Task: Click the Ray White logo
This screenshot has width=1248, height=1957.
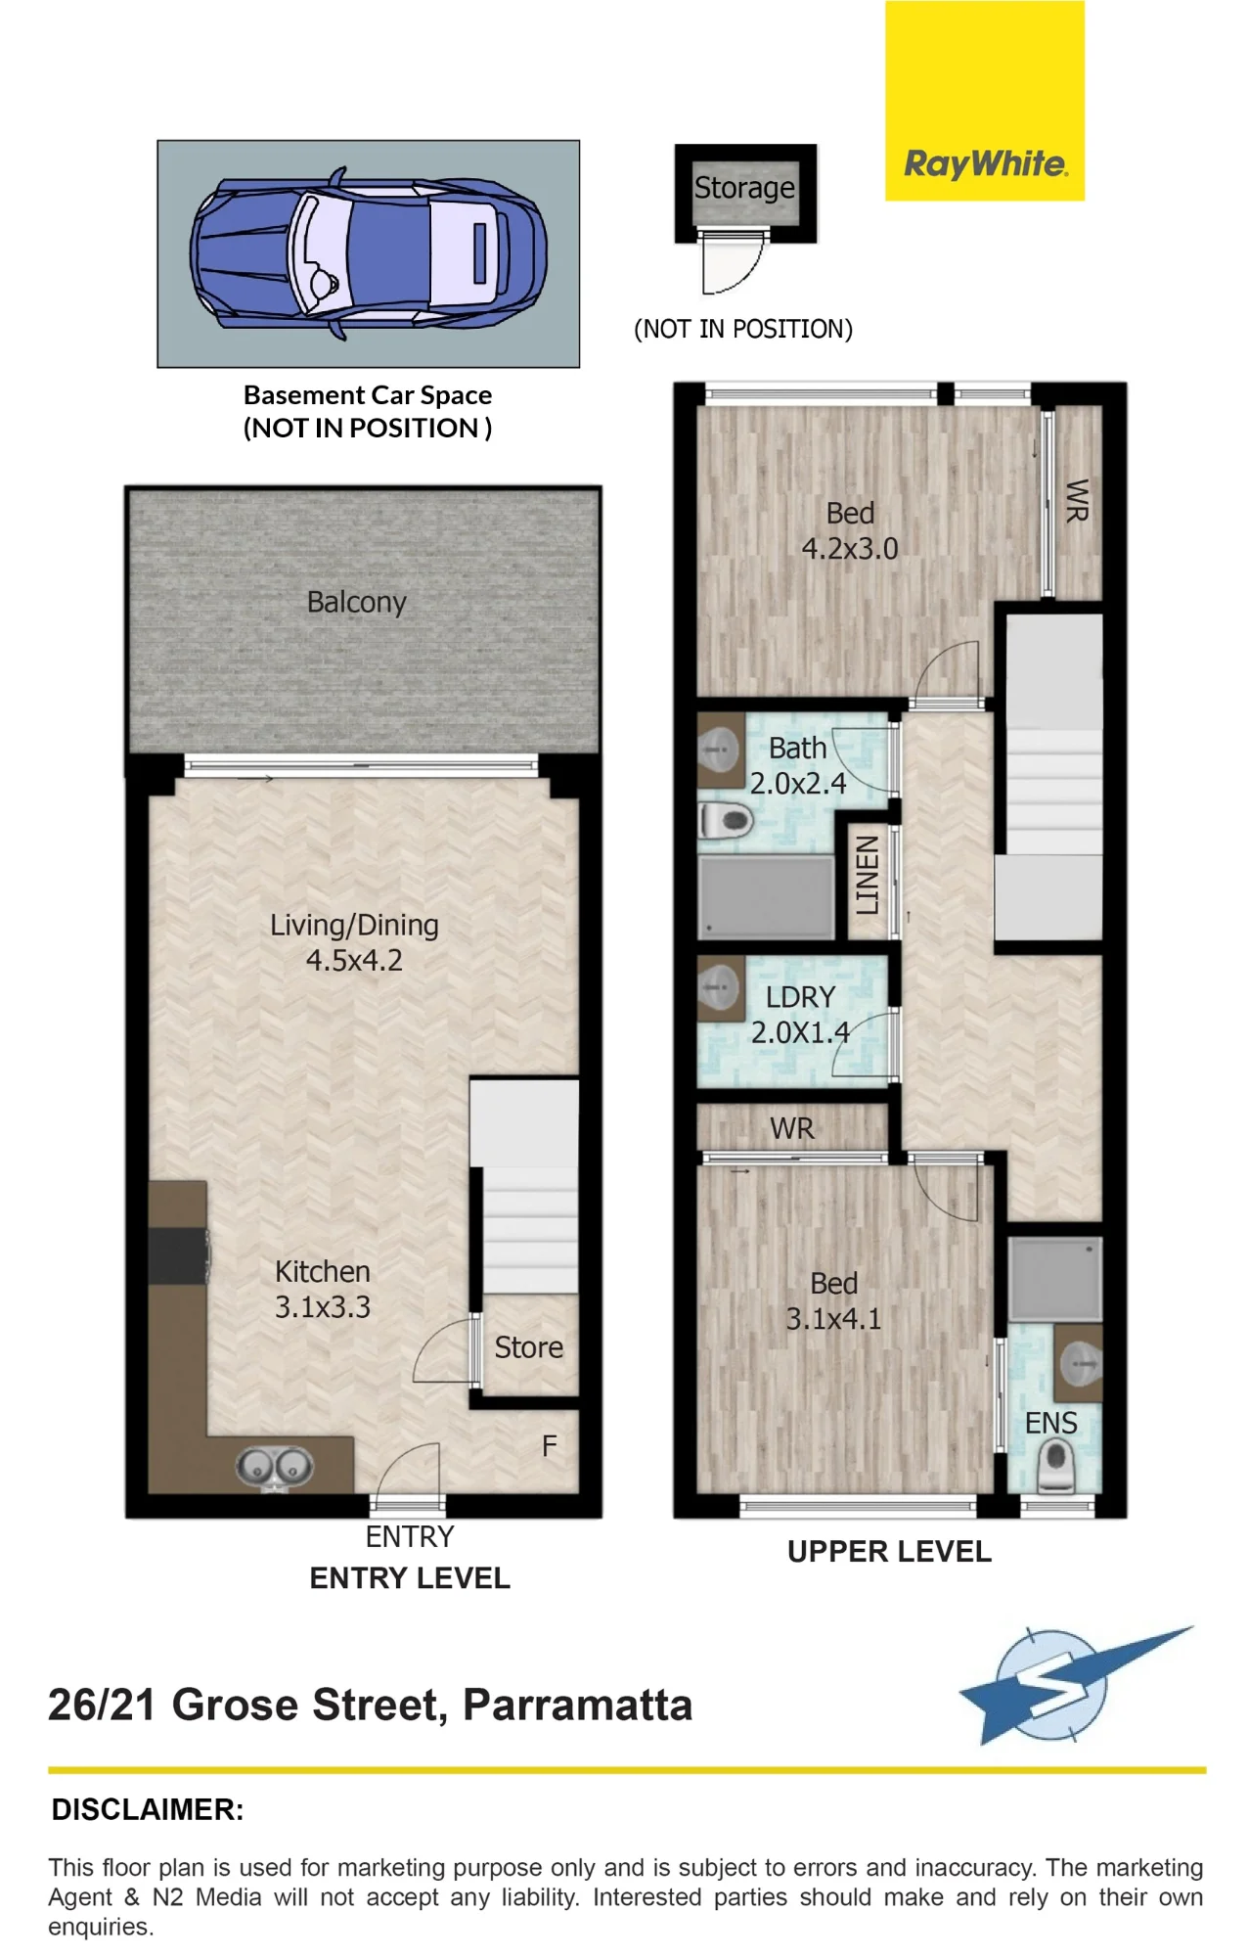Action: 985,101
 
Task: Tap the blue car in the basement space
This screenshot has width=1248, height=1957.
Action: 368,254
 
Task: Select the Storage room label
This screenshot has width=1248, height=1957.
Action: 744,187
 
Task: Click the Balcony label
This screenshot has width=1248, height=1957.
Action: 356,602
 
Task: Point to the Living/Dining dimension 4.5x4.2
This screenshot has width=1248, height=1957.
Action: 354,960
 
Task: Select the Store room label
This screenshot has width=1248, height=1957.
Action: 528,1347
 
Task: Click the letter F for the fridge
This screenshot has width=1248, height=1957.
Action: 550,1445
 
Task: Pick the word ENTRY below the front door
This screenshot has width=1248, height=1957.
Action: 410,1536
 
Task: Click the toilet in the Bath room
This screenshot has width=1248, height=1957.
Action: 725,820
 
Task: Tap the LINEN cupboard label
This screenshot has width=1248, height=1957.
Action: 867,875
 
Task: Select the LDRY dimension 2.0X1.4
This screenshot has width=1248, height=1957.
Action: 800,1032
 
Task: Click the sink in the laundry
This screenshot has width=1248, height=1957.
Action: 720,988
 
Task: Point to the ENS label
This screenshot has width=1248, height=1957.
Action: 1050,1423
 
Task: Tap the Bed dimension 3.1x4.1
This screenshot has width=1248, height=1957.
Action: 833,1318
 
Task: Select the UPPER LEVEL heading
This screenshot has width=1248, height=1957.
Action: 889,1551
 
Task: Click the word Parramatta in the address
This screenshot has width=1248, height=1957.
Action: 577,1705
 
